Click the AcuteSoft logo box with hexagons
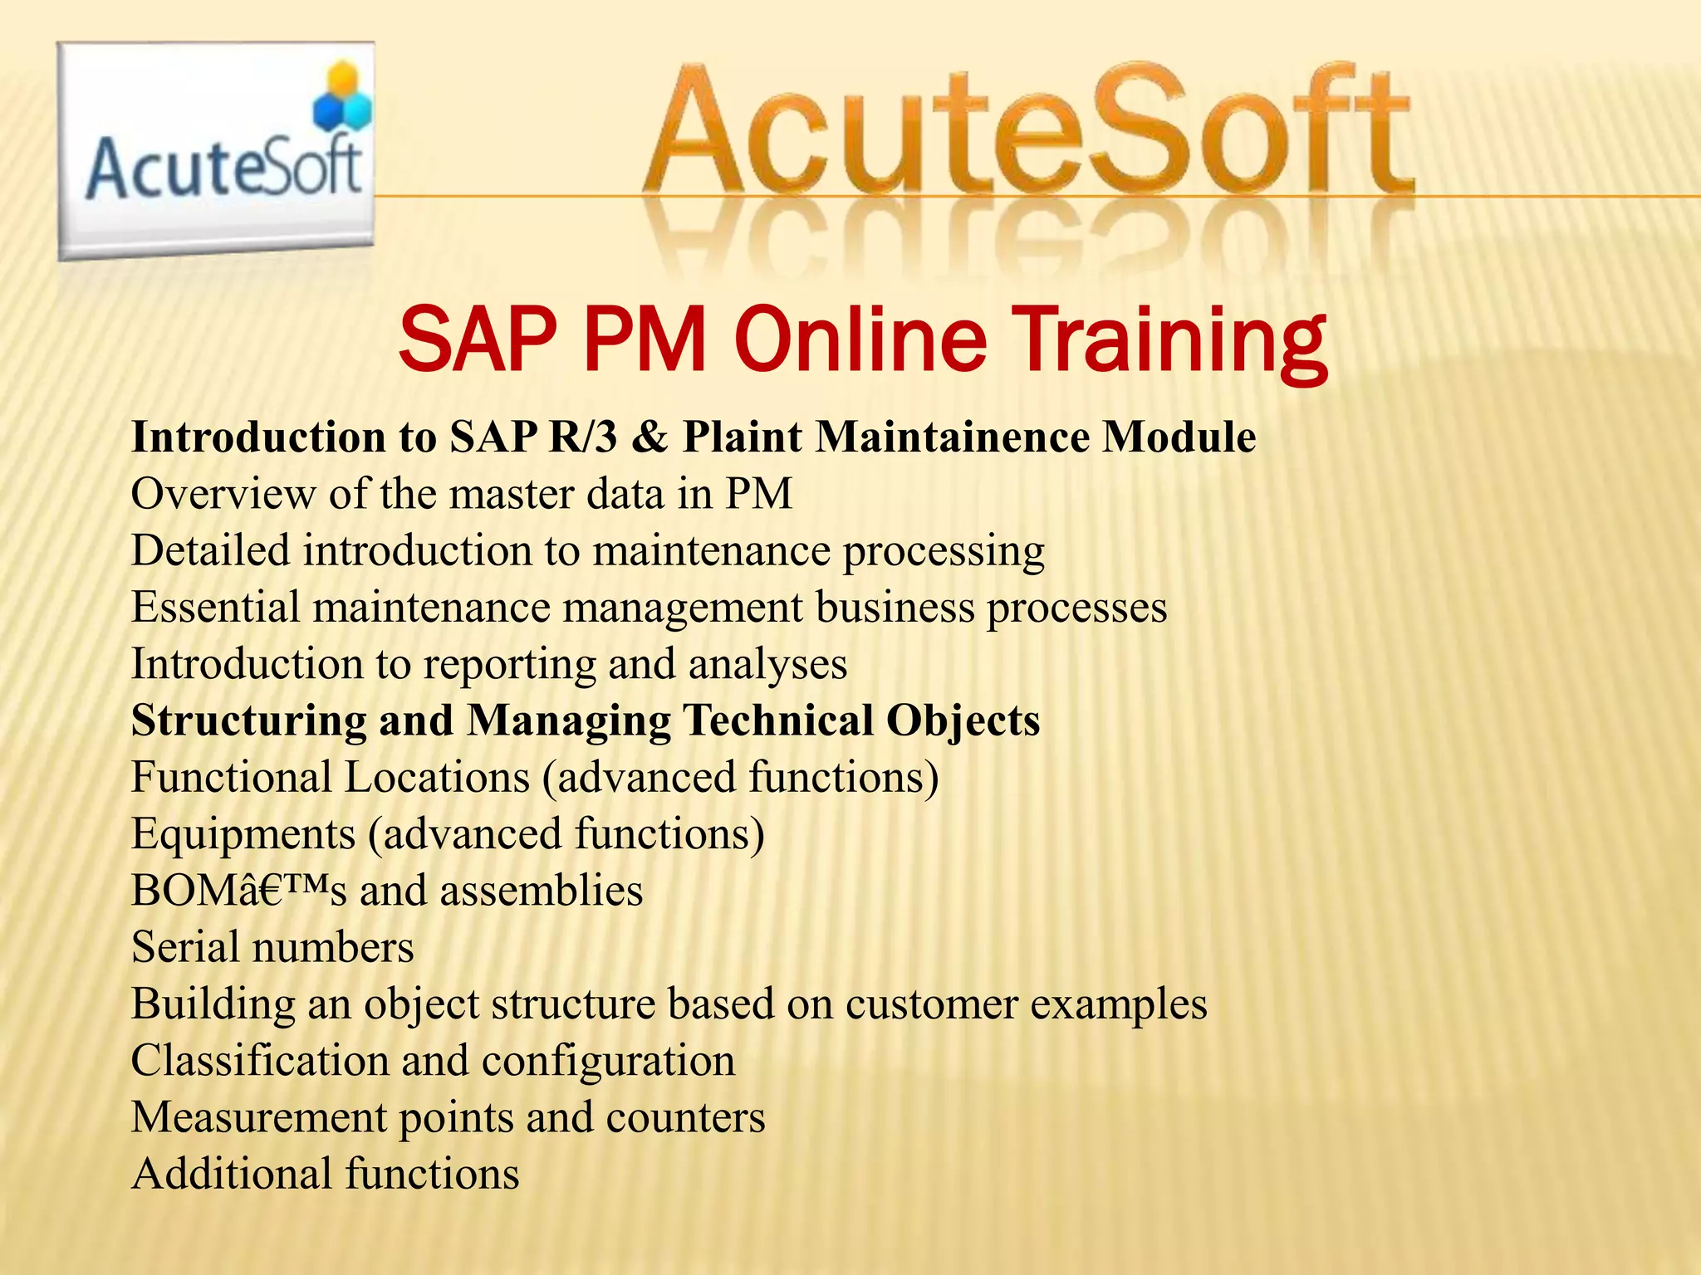(x=216, y=151)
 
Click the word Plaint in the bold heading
(x=743, y=437)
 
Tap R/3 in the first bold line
(x=583, y=437)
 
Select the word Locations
(x=437, y=778)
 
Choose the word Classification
(x=260, y=1061)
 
